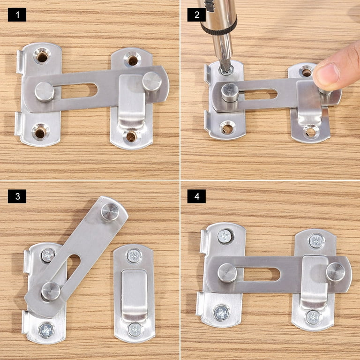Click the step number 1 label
click(x=17, y=15)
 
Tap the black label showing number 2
click(x=196, y=15)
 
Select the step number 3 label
click(x=17, y=196)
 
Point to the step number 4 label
click(x=196, y=196)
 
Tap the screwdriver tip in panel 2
click(x=224, y=68)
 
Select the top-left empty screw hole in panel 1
click(x=42, y=56)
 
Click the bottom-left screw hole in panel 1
click(x=40, y=132)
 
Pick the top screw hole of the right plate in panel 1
click(x=133, y=60)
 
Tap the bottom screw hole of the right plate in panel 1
click(x=131, y=136)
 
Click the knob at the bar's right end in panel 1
click(x=152, y=81)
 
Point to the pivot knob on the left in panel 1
click(x=45, y=91)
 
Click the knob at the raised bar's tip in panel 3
click(x=110, y=212)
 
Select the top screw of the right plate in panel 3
click(x=135, y=256)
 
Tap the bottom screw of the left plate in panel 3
click(x=46, y=330)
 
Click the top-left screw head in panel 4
click(x=225, y=236)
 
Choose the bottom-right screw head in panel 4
click(x=313, y=317)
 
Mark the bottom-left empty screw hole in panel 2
click(x=227, y=128)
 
